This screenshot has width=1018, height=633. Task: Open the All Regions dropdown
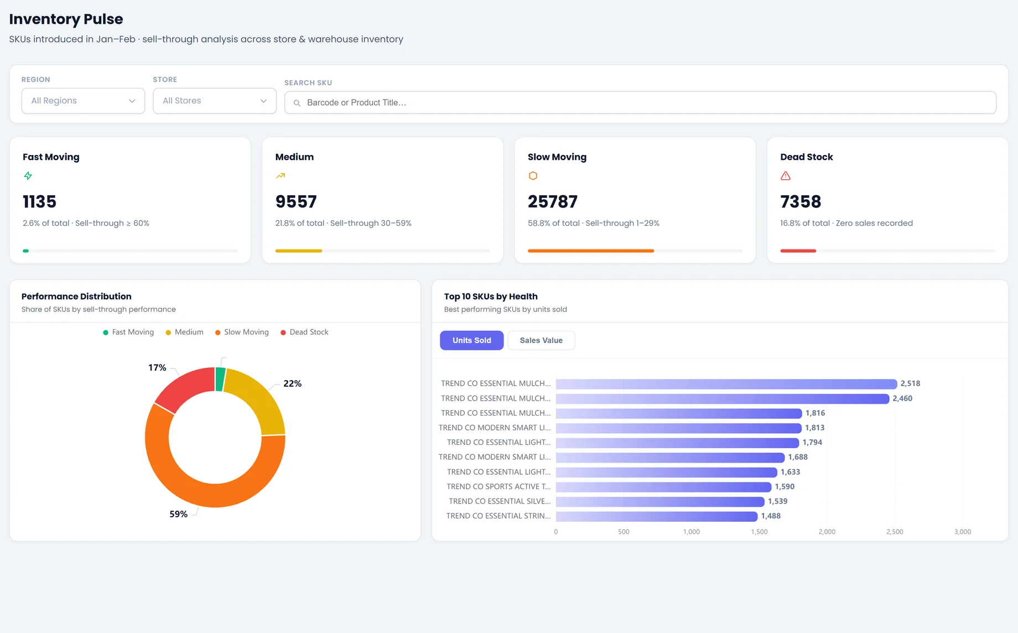(x=83, y=101)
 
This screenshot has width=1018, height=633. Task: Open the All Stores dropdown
(x=215, y=101)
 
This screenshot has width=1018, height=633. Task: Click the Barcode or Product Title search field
(x=640, y=102)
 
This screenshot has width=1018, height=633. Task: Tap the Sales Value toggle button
(x=541, y=340)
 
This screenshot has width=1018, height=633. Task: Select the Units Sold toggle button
(x=471, y=340)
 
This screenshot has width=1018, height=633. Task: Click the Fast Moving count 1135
(x=39, y=201)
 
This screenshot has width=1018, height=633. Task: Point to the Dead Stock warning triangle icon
(x=786, y=176)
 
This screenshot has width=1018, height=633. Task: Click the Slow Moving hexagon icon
(x=533, y=176)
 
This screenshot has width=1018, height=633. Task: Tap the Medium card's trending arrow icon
(x=281, y=176)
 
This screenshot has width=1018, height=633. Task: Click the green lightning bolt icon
(x=28, y=176)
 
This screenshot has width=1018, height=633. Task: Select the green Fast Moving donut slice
(x=220, y=379)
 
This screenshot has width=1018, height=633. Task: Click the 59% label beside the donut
(x=178, y=514)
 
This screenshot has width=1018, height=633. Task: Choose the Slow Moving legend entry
(x=242, y=332)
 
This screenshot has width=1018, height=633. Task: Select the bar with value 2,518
(x=726, y=384)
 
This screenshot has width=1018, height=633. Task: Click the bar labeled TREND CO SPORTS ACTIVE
(x=663, y=487)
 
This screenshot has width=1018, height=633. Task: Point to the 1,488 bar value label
(x=771, y=516)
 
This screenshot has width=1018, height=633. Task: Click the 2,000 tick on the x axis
(x=827, y=532)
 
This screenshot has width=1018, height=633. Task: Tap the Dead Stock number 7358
(x=801, y=201)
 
